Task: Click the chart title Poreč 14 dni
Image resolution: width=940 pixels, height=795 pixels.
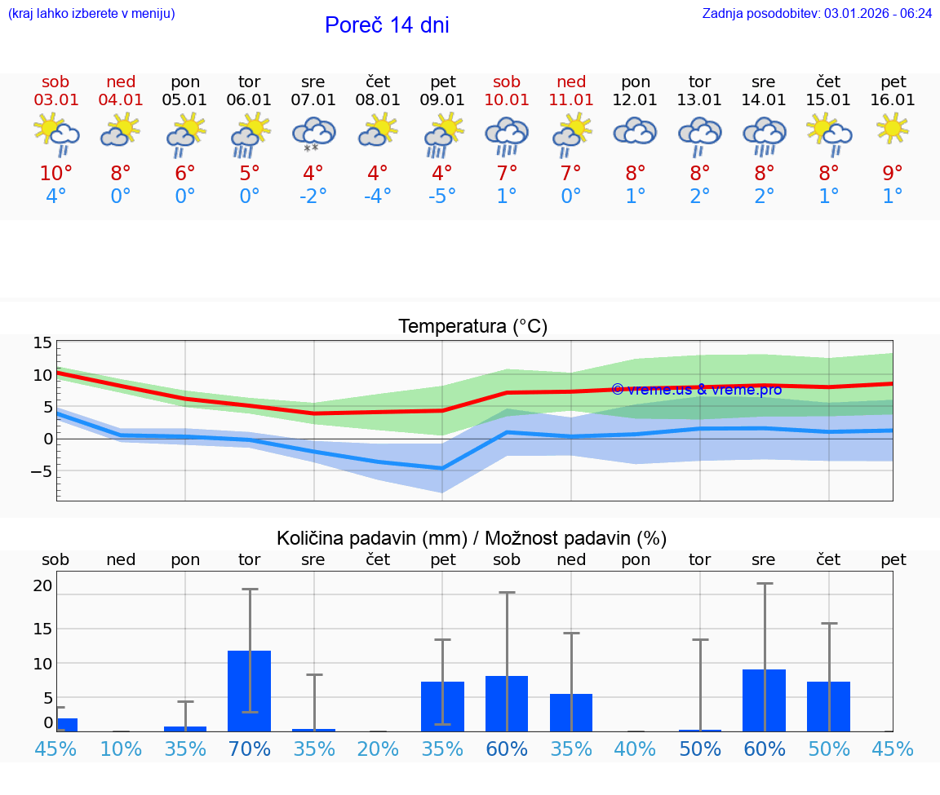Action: click(387, 25)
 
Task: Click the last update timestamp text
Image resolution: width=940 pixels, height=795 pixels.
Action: click(817, 14)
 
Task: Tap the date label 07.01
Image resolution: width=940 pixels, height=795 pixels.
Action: click(313, 100)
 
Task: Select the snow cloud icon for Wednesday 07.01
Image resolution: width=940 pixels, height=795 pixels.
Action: click(313, 135)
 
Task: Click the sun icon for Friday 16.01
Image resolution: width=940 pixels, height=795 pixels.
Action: click(893, 128)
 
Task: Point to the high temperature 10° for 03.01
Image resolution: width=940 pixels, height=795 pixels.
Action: click(55, 174)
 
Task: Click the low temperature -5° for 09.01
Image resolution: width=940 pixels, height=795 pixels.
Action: click(441, 197)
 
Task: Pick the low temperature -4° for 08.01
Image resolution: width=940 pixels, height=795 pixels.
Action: click(377, 197)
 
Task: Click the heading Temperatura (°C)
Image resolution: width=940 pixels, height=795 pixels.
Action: click(472, 327)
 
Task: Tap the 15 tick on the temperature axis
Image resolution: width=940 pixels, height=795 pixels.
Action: click(43, 343)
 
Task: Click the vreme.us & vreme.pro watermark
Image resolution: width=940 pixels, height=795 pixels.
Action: click(696, 390)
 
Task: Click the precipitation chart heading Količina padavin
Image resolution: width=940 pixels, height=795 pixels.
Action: click(472, 538)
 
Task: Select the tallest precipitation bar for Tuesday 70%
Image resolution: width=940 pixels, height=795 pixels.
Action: click(249, 690)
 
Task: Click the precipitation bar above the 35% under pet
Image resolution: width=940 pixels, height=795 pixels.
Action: click(442, 706)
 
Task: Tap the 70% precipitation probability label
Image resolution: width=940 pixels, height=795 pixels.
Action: click(249, 749)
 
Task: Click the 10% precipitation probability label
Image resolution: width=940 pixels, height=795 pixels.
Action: click(121, 749)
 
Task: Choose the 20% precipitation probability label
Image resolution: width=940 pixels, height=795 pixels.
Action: click(378, 749)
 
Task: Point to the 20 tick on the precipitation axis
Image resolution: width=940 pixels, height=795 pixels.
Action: click(43, 585)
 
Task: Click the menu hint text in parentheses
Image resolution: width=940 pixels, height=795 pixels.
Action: click(91, 14)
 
